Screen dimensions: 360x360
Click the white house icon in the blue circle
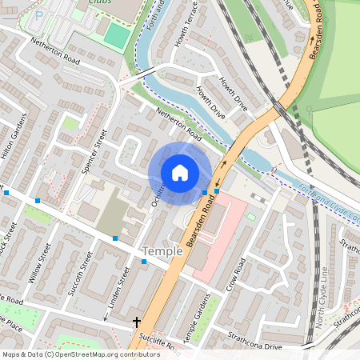[180, 172]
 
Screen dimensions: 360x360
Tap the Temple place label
[162, 251]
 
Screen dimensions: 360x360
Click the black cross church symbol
[137, 322]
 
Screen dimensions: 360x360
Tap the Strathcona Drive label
[254, 342]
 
